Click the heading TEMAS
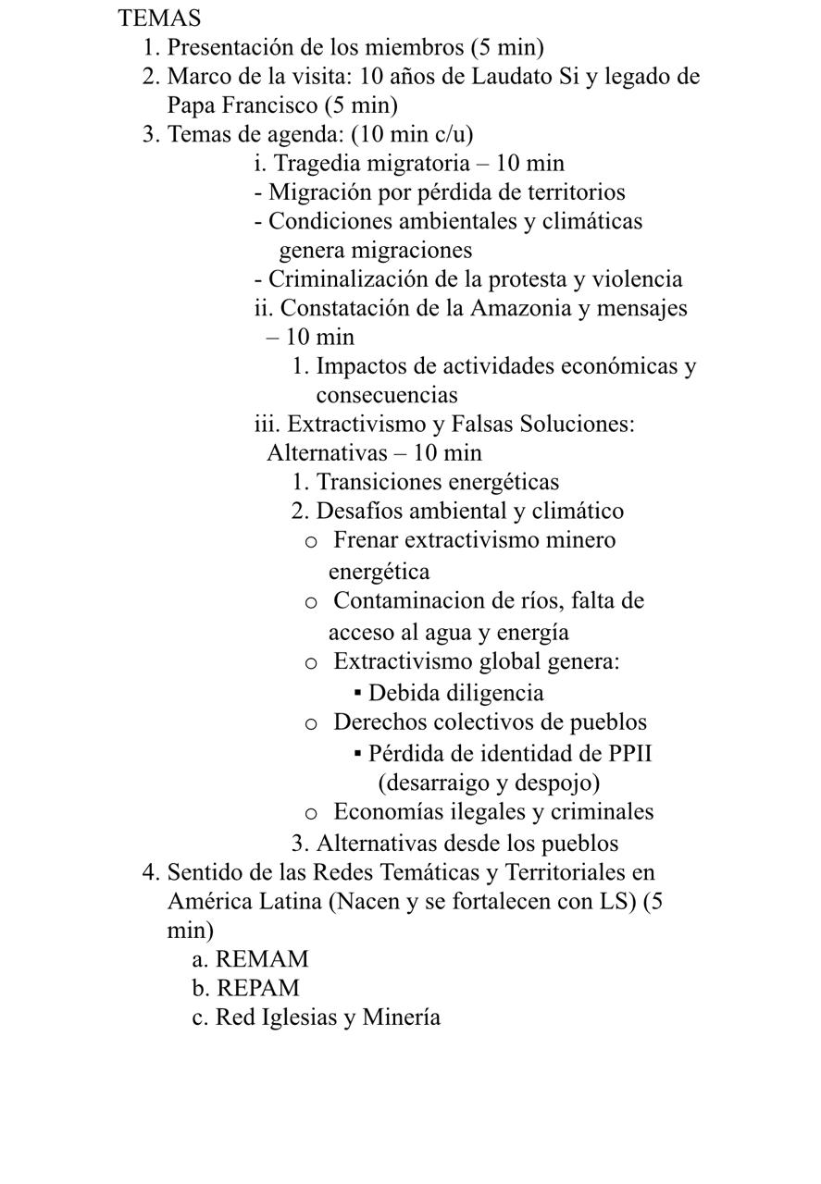(x=159, y=18)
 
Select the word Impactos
(x=359, y=366)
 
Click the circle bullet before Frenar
(x=312, y=541)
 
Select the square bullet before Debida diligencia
(x=357, y=693)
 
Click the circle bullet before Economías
(x=312, y=813)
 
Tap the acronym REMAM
(x=261, y=959)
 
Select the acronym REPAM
(x=257, y=988)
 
